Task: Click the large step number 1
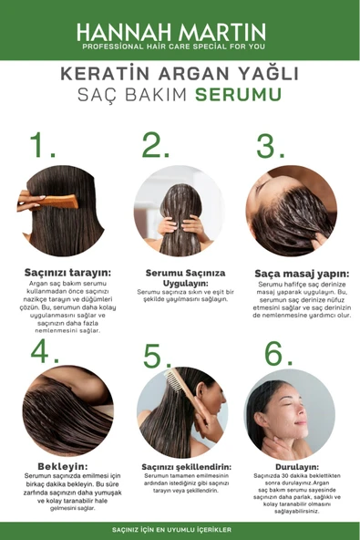[43, 146]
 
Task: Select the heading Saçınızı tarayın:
[68, 272]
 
